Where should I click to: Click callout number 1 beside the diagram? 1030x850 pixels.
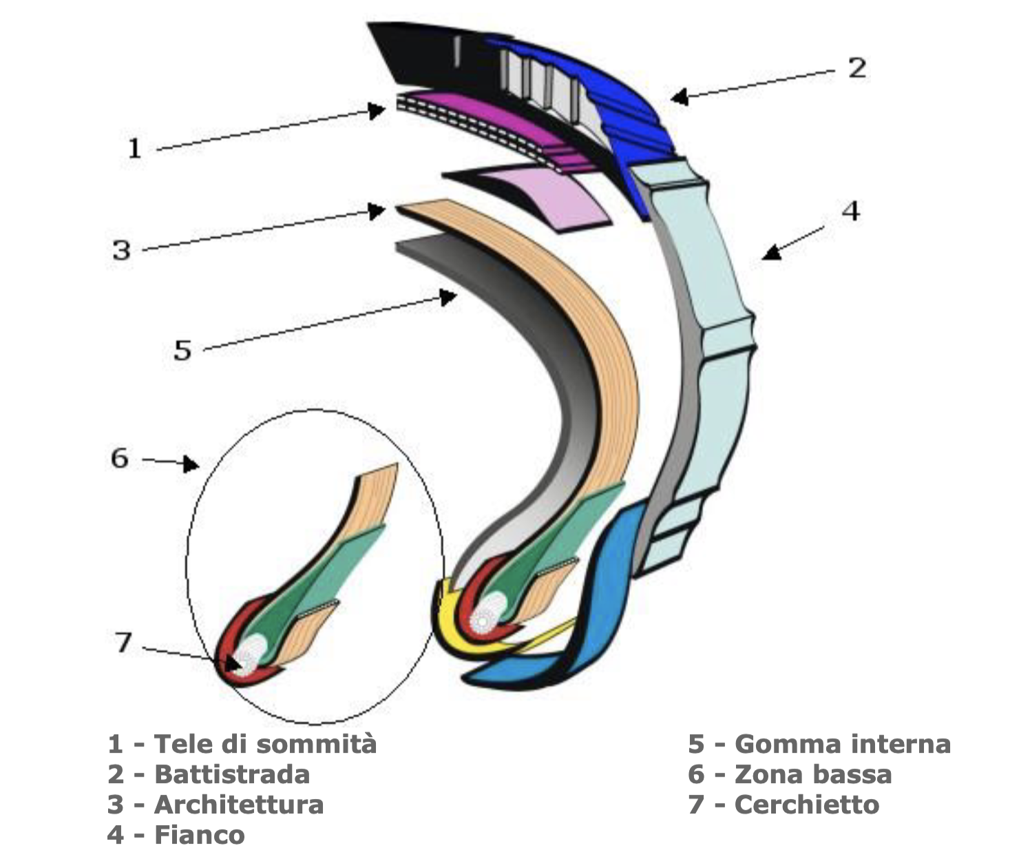pos(134,147)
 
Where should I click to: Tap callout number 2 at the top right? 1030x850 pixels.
pos(856,68)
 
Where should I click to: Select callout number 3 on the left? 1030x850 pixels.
pos(121,249)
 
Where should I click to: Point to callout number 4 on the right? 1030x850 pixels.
pos(852,211)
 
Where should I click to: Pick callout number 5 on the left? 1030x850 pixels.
pos(182,350)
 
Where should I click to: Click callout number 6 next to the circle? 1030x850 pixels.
pos(120,457)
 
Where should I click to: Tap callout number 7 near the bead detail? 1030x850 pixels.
pos(123,643)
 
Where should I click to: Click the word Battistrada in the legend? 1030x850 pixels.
pos(232,774)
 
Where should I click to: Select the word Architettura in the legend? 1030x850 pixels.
pos(239,805)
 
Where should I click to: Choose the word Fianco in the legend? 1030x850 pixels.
pos(200,835)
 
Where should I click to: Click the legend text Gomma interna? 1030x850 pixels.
pos(843,744)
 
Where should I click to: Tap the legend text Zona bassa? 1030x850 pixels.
pos(813,774)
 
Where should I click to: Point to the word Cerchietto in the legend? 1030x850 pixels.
pos(807,805)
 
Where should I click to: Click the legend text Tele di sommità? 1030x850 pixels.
pos(265,744)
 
